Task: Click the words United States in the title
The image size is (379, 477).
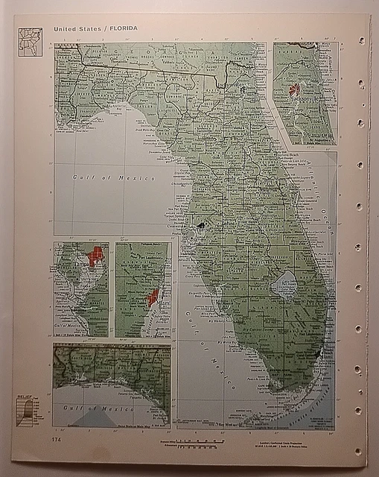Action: (77, 28)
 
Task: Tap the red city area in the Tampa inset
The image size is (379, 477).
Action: (95, 256)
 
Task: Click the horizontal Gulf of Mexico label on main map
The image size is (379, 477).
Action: (113, 178)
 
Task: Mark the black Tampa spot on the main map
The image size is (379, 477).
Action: (200, 224)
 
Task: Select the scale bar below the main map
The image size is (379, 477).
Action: (201, 443)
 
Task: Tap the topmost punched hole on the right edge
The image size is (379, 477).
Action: (360, 41)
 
